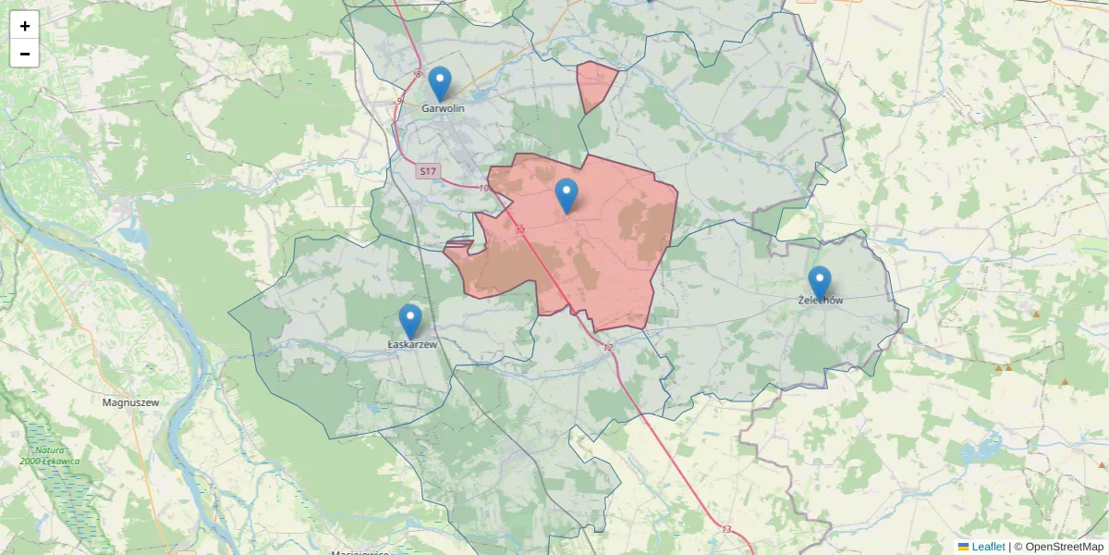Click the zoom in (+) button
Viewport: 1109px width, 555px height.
pyautogui.click(x=25, y=26)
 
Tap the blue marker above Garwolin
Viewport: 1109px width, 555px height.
pyautogui.click(x=440, y=83)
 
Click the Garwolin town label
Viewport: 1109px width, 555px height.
pyautogui.click(x=443, y=108)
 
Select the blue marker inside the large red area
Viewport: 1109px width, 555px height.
pyautogui.click(x=567, y=195)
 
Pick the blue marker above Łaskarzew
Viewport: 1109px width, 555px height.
pyautogui.click(x=410, y=321)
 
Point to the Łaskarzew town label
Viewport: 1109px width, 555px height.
pyautogui.click(x=412, y=344)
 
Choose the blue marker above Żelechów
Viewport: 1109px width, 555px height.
pyautogui.click(x=820, y=283)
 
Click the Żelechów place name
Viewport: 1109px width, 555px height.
pyautogui.click(x=821, y=301)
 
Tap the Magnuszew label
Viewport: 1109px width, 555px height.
pyautogui.click(x=130, y=402)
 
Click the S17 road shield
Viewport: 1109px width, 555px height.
pyautogui.click(x=427, y=171)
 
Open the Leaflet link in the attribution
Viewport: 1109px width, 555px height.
pyautogui.click(x=988, y=547)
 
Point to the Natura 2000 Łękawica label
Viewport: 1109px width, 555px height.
pyautogui.click(x=51, y=454)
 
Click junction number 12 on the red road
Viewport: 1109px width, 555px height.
pyautogui.click(x=607, y=348)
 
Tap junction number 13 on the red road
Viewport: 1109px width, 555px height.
pyautogui.click(x=726, y=529)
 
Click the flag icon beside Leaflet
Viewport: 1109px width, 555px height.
pyautogui.click(x=963, y=547)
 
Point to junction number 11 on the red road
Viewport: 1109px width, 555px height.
pyautogui.click(x=521, y=230)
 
